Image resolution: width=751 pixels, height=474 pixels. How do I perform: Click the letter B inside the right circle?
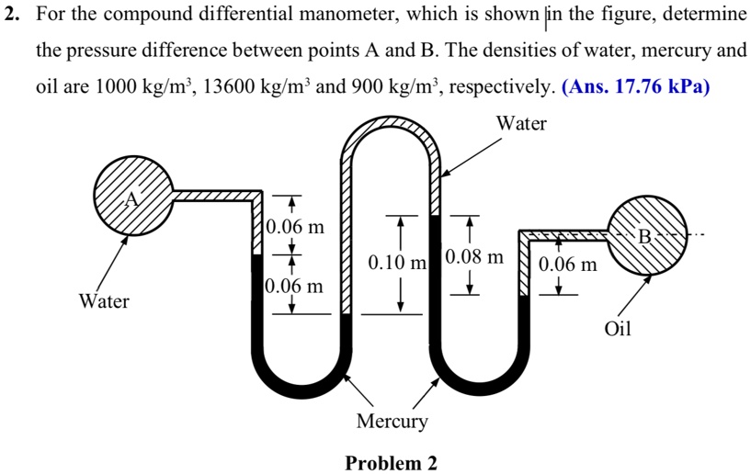coord(645,238)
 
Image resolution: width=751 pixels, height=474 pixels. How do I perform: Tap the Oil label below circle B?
coord(618,328)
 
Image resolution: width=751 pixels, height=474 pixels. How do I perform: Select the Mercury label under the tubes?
coord(392,422)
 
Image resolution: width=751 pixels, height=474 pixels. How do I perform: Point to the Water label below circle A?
coord(104,301)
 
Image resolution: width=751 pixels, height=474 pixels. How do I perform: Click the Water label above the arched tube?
coord(521,123)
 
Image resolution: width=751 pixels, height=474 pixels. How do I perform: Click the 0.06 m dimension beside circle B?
coord(568,265)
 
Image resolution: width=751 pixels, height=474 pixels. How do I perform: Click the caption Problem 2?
coord(391,462)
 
